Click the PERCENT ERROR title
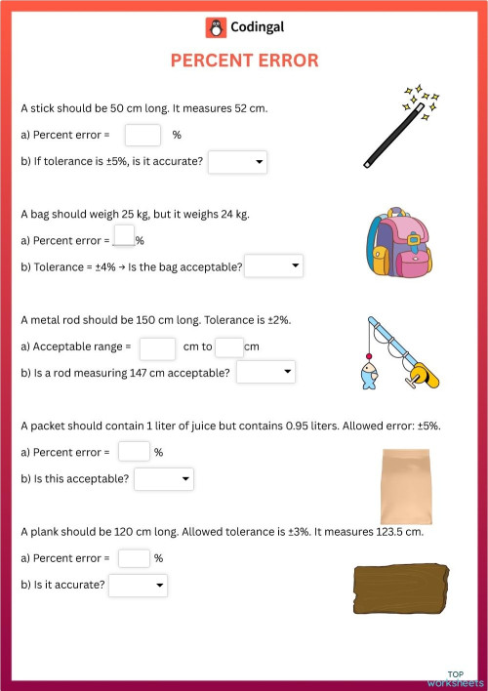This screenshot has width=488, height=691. click(244, 61)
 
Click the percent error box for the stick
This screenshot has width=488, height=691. click(142, 135)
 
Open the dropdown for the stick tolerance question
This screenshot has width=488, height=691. click(237, 162)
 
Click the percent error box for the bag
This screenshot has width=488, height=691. click(123, 236)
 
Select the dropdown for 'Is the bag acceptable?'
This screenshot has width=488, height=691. click(273, 266)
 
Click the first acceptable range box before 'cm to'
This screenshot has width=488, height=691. click(157, 347)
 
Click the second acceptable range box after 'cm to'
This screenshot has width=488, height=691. click(228, 347)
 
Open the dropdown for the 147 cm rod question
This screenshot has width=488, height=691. click(265, 372)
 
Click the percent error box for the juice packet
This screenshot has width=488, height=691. click(134, 451)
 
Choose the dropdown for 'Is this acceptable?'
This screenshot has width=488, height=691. click(164, 479)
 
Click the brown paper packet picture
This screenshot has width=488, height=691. click(405, 486)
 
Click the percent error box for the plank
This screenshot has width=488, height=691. click(134, 558)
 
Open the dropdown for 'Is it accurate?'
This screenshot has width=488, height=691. click(139, 586)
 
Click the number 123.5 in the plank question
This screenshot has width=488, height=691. click(367, 533)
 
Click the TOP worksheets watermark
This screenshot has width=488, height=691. click(463, 678)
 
